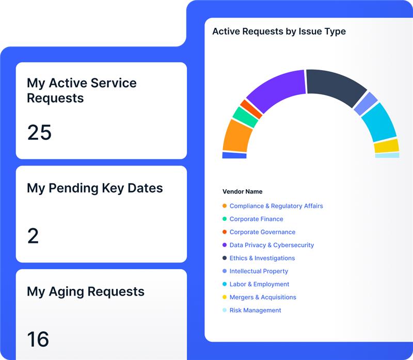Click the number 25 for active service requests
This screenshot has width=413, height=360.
(39, 133)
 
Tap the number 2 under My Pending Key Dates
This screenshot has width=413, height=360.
(33, 236)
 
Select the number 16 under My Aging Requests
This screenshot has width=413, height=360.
(38, 339)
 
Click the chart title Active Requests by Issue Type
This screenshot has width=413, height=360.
(279, 31)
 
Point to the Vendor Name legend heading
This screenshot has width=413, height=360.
(242, 191)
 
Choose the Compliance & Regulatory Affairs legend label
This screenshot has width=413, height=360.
(276, 206)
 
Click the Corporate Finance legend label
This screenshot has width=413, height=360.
(256, 219)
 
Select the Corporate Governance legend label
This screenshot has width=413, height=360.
(262, 232)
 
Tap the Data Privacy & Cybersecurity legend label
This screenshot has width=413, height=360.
(272, 245)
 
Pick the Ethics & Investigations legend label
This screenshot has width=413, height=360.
(262, 258)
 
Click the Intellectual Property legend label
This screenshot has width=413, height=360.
(259, 271)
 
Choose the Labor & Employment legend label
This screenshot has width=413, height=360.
(259, 284)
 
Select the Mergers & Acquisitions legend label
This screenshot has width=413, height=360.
(263, 297)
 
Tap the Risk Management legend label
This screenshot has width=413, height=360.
(255, 310)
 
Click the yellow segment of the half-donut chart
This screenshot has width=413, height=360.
(386, 146)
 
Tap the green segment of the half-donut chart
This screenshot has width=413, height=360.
(245, 118)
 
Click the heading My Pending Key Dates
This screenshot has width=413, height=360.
(94, 188)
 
